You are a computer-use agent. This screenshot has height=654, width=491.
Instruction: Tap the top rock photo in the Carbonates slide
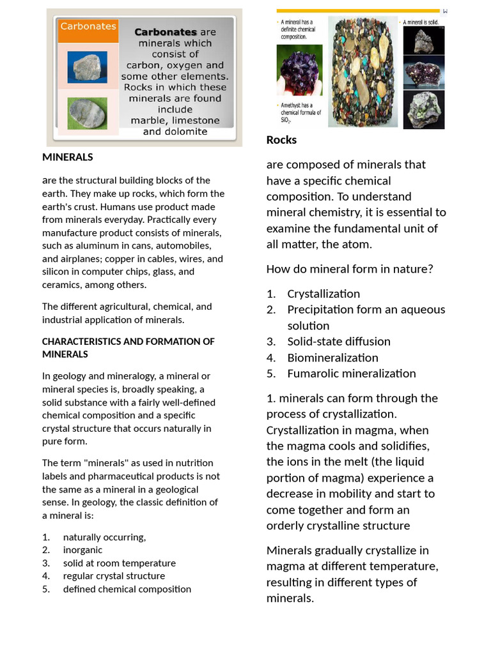pyautogui.click(x=88, y=67)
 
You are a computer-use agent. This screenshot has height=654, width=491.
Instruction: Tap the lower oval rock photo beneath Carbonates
pyautogui.click(x=88, y=113)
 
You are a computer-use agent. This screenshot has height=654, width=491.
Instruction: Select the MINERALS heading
pyautogui.click(x=67, y=157)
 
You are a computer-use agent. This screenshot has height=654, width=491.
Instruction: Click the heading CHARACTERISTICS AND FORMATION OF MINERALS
pyautogui.click(x=128, y=347)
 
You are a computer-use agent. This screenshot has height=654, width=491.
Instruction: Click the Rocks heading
pyautogui.click(x=281, y=140)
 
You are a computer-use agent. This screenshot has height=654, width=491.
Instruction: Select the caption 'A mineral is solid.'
pyautogui.click(x=424, y=22)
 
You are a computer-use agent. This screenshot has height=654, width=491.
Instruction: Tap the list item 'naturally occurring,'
pyautogui.click(x=104, y=537)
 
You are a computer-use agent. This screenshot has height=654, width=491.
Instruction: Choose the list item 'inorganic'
pyautogui.click(x=82, y=550)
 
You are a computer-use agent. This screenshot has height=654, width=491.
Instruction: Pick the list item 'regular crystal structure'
pyautogui.click(x=114, y=576)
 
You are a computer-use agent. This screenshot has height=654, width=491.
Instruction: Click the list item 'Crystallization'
pyautogui.click(x=323, y=294)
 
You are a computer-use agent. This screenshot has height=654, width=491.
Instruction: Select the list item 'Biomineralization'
pyautogui.click(x=332, y=358)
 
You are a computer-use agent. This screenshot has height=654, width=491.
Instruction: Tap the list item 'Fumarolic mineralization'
pyautogui.click(x=351, y=374)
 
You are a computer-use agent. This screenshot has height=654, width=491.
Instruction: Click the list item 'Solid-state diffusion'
pyautogui.click(x=338, y=342)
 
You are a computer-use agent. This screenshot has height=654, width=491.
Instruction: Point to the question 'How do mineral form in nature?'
pyautogui.click(x=350, y=269)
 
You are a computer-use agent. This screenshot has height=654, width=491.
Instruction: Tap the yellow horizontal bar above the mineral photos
pyautogui.click(x=358, y=11)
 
